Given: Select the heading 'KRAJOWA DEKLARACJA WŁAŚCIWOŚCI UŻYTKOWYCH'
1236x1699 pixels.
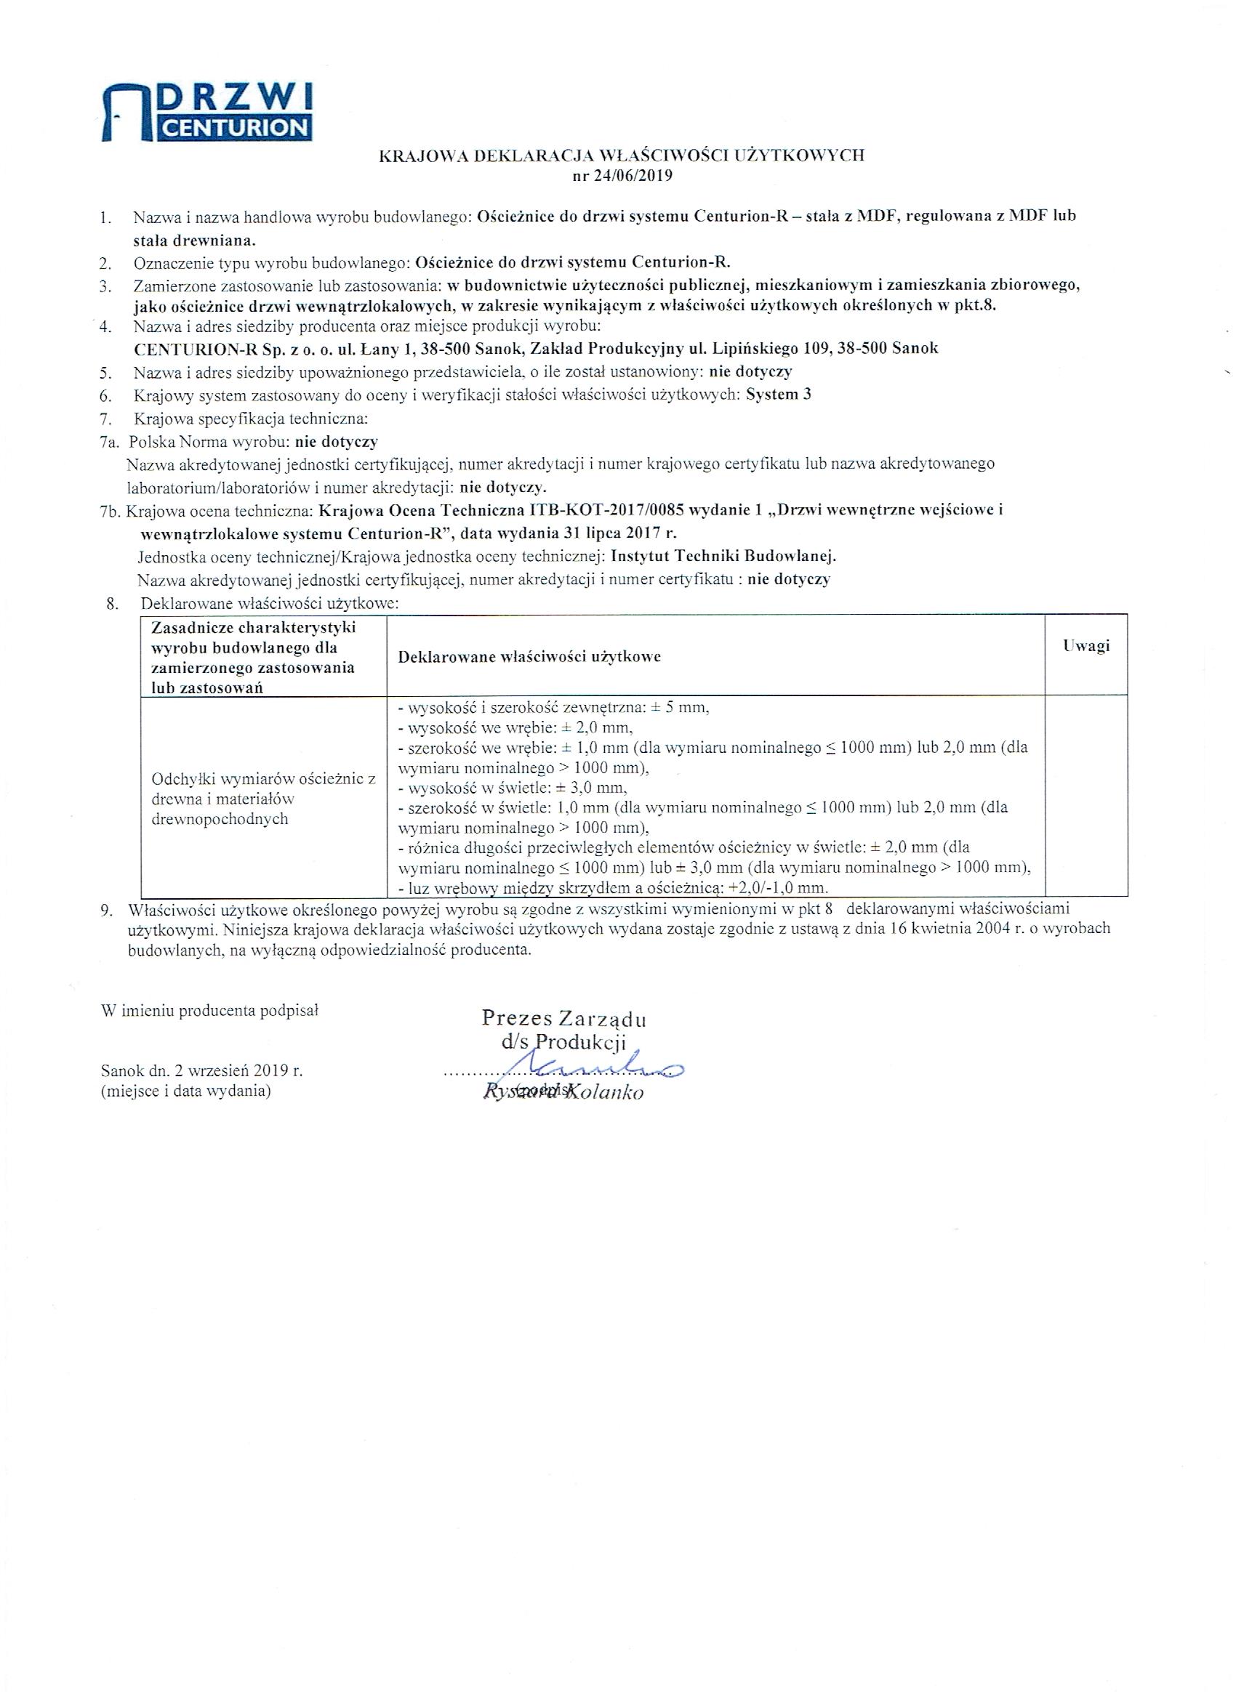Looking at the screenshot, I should coord(622,156).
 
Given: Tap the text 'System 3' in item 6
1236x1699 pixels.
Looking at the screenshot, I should coord(779,395).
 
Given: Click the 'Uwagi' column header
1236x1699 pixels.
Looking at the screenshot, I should coord(1086,646).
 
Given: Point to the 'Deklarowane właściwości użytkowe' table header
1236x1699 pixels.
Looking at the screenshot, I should coord(529,657).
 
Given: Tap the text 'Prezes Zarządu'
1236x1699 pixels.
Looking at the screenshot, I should coord(563,1018).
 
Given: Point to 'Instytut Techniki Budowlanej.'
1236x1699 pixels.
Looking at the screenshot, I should coord(723,557).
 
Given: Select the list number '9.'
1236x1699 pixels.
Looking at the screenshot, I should coord(107,910).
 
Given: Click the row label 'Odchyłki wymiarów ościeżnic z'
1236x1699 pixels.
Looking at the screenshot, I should coord(264,778).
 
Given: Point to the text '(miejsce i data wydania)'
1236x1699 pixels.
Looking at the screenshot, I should coord(186,1091).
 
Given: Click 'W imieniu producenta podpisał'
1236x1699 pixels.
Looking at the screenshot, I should coord(211,1010).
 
